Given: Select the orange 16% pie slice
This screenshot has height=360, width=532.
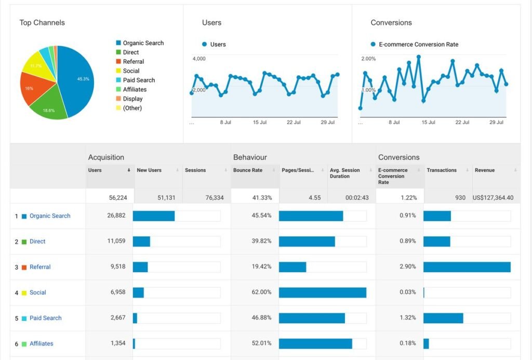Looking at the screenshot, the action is pos(32,88).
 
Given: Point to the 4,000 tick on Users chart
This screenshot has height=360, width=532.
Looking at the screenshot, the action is pos(199,59).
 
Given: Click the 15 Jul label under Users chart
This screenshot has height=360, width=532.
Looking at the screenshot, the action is pos(260,122).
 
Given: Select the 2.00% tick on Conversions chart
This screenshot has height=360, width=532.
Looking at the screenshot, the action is pos(368,59).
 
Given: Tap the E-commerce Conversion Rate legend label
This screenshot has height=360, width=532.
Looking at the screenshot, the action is pos(418,45).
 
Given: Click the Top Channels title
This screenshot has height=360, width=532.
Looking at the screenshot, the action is pos(42,23).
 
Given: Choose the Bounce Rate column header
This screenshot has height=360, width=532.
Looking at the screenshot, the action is pos(248,170).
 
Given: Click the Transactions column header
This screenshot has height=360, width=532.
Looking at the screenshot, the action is pos(442,170).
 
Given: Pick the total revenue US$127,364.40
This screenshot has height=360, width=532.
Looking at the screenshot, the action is pos(493,197).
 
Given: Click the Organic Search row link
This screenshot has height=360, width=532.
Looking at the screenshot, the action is pos(50,216).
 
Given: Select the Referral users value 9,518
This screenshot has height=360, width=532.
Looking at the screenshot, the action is pos(118,266).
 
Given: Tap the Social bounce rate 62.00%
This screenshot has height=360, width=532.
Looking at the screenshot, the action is pos(261,292).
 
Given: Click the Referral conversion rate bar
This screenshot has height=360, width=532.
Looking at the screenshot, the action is pos(467,267).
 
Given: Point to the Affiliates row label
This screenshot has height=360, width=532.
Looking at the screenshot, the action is pos(42,343).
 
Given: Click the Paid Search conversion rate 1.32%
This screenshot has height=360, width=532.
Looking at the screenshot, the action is pos(407,317).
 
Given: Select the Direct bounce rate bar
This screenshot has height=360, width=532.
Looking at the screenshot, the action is pos(307,242).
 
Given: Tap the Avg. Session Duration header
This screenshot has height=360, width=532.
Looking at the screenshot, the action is pos(345,173).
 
